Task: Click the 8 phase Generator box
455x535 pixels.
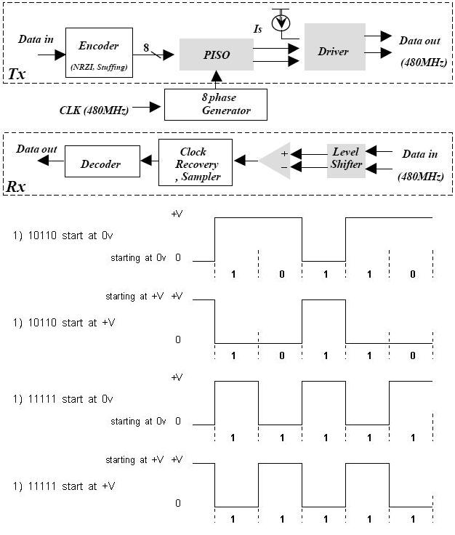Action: pos(216,105)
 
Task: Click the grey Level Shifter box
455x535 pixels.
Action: pos(346,159)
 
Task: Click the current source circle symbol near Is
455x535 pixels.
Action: pos(281,23)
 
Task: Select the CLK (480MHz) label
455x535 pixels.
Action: pos(94,110)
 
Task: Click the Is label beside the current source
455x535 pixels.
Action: pos(257,30)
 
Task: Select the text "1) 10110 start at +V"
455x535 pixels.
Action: pos(65,322)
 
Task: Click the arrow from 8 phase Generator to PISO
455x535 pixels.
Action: pos(216,79)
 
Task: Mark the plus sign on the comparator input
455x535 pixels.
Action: pos(284,154)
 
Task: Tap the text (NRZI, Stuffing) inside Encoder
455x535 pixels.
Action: pos(99,67)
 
